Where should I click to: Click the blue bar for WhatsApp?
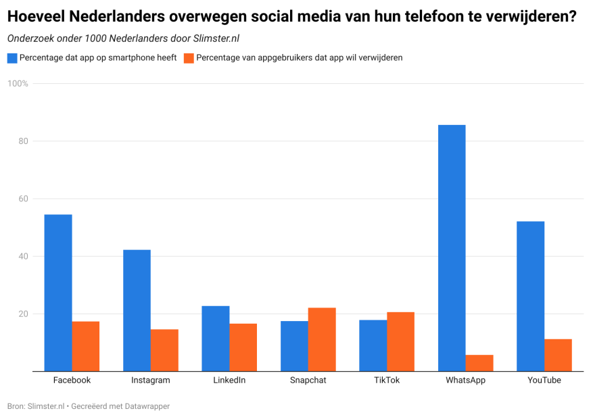tap(452, 248)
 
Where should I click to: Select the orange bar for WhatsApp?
tap(479, 363)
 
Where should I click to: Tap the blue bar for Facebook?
tap(58, 293)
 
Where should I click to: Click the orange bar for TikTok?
tap(400, 341)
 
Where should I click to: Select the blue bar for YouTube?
tap(530, 296)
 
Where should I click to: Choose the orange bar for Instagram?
tap(164, 350)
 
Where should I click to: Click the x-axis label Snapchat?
tap(308, 380)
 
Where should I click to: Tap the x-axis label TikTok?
tap(387, 380)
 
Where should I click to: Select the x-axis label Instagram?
tap(150, 380)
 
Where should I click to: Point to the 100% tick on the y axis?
tap(18, 84)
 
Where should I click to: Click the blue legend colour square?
tap(11, 58)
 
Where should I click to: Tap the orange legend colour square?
tap(189, 58)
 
